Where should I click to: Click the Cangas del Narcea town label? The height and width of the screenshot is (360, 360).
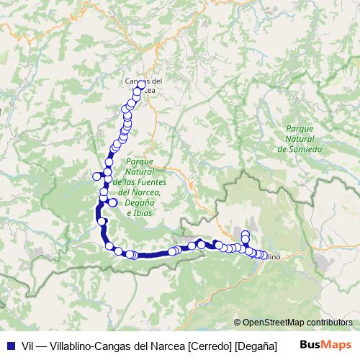click(144, 84)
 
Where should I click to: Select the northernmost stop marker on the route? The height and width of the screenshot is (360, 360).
click(142, 84)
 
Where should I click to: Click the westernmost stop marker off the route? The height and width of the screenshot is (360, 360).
click(96, 177)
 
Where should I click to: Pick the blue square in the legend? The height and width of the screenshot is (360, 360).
click(9, 346)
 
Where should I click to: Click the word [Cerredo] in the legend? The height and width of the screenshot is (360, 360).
click(207, 346)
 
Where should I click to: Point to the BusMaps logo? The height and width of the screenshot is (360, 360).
click(325, 346)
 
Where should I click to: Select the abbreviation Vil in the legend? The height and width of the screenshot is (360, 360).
click(28, 346)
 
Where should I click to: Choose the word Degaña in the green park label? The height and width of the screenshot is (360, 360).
click(138, 203)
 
